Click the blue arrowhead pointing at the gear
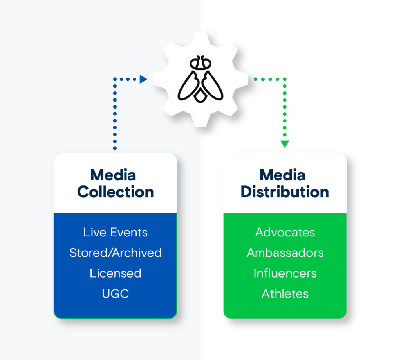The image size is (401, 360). click(x=143, y=79)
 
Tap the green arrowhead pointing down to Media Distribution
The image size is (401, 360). click(x=285, y=144)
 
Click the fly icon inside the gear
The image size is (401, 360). click(x=200, y=80)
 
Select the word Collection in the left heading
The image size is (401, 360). click(x=115, y=192)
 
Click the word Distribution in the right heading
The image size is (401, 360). click(x=285, y=192)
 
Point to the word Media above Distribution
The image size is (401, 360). click(x=282, y=175)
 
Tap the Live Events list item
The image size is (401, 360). click(x=115, y=232)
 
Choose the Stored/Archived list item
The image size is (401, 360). click(x=115, y=253)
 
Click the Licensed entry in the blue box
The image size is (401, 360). click(x=115, y=273)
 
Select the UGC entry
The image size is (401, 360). click(x=115, y=294)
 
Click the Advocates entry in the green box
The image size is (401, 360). click(x=285, y=232)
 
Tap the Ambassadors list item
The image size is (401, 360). click(x=285, y=253)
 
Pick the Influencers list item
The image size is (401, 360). click(x=285, y=273)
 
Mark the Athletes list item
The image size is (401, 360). click(x=285, y=294)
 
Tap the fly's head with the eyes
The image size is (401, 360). click(x=200, y=63)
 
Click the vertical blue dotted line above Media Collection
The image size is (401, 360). click(x=115, y=118)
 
